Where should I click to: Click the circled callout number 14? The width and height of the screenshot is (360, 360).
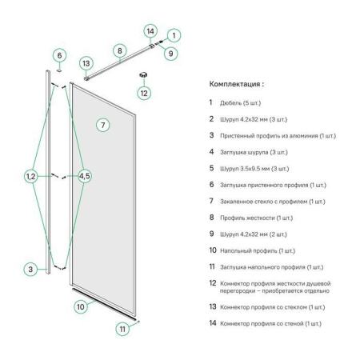tap(150, 31)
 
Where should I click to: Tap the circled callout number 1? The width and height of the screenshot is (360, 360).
tap(174, 35)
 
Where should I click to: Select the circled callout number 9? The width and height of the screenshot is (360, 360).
tap(170, 54)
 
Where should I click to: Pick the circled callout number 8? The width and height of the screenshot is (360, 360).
tap(119, 50)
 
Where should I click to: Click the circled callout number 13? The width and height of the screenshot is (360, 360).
tap(86, 63)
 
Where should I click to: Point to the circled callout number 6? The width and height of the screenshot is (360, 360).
tap(59, 55)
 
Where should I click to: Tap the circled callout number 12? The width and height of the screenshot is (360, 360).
tap(144, 93)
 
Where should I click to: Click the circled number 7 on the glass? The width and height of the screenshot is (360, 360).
tap(103, 125)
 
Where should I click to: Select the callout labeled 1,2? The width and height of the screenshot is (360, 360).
tap(31, 176)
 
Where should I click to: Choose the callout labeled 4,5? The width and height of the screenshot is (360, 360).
tap(85, 176)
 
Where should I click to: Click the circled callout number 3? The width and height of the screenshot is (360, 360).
tap(30, 269)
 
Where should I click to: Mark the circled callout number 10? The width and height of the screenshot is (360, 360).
tap(81, 306)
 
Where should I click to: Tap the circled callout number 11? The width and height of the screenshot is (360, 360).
tap(122, 329)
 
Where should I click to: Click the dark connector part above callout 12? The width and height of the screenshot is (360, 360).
tap(143, 75)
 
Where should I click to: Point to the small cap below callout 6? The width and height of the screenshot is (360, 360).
tap(59, 70)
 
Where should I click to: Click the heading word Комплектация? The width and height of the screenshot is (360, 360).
tap(234, 84)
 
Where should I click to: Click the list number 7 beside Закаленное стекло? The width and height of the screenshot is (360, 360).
tap(211, 201)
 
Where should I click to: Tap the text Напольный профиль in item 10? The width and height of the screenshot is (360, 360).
tap(249, 251)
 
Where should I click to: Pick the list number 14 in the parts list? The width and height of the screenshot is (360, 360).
tap(213, 323)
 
